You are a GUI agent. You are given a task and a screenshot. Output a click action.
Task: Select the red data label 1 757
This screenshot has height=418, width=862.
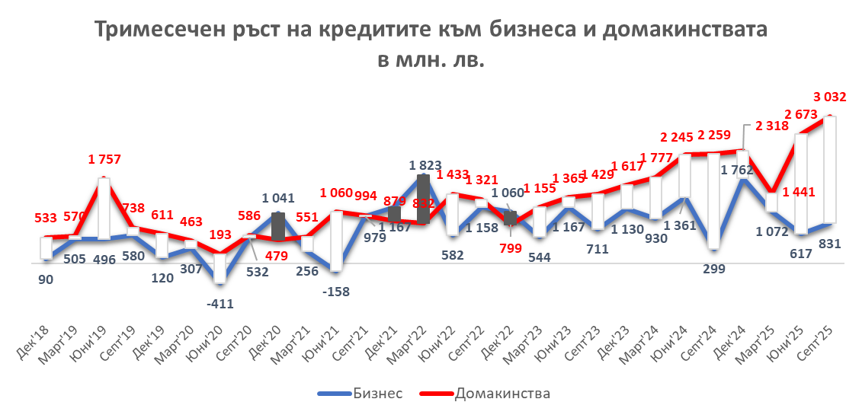[104, 160]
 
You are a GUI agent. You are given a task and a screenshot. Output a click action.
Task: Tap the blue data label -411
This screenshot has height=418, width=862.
[221, 304]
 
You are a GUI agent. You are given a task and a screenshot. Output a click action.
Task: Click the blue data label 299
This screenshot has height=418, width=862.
[714, 268]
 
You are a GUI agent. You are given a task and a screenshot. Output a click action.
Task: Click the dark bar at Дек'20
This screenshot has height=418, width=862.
[278, 226]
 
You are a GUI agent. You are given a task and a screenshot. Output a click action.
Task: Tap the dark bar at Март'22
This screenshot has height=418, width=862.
[424, 199]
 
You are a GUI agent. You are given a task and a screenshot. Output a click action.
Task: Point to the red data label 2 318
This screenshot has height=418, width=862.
[774, 127]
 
